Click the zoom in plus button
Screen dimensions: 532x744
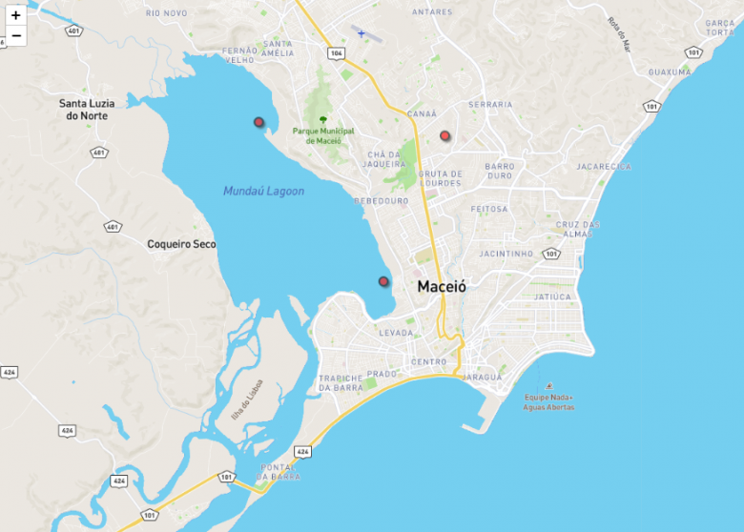15,15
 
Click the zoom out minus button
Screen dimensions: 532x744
15,36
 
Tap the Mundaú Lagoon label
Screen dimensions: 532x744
263,192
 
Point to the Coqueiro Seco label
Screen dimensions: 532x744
181,244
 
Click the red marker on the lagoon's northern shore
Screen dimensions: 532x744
258,122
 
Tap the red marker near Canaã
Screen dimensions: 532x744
444,136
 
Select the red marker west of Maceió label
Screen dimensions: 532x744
383,281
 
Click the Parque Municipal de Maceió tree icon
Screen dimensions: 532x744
323,119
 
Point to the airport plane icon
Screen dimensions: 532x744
361,33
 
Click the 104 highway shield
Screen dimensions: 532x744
336,53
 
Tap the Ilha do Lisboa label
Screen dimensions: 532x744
246,399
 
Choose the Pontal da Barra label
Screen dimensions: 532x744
279,471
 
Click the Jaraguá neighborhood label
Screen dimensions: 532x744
482,377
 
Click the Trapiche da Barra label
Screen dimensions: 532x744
341,382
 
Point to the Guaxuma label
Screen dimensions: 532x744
669,72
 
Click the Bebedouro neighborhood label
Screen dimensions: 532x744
381,201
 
